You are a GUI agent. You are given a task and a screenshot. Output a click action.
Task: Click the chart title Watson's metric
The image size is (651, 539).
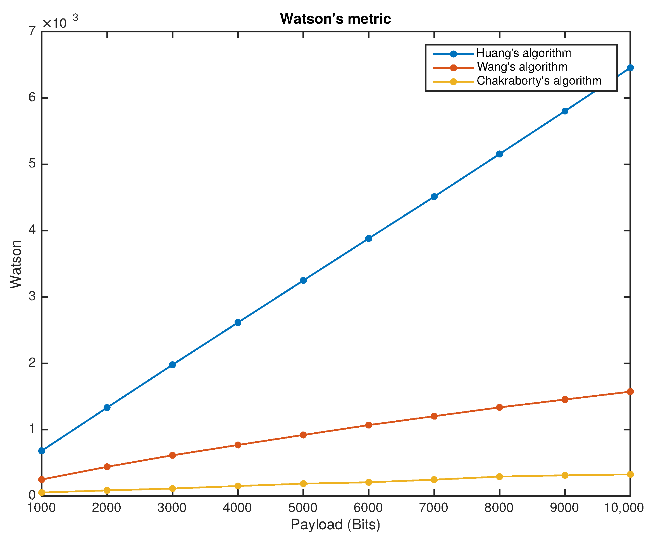pyautogui.click(x=335, y=19)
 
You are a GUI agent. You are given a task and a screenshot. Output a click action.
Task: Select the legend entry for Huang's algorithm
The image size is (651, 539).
pyautogui.click(x=524, y=53)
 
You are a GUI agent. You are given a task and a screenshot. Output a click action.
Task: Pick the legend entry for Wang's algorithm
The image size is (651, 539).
pyautogui.click(x=522, y=67)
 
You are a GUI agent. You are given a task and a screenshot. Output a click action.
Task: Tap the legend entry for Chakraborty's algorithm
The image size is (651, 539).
pyautogui.click(x=539, y=81)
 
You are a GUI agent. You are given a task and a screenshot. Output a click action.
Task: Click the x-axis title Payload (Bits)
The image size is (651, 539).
pyautogui.click(x=335, y=524)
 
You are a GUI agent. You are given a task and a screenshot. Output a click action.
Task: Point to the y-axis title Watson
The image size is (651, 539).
pyautogui.click(x=16, y=264)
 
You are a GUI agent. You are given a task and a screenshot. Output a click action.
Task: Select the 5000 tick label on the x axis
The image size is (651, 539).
pyautogui.click(x=303, y=508)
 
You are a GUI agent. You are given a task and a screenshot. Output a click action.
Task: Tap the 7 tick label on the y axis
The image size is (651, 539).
pyautogui.click(x=32, y=31)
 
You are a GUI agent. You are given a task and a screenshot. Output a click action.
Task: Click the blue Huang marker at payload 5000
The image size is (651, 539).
pyautogui.click(x=303, y=280)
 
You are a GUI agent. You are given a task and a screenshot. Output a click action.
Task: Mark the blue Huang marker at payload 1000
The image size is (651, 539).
pyautogui.click(x=42, y=451)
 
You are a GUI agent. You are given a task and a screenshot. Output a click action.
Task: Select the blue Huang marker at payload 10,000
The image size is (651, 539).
pyautogui.click(x=630, y=68)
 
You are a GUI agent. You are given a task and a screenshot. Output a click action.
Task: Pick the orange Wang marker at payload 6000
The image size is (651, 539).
pyautogui.click(x=369, y=425)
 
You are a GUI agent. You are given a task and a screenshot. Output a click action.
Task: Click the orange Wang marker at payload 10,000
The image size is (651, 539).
pyautogui.click(x=630, y=392)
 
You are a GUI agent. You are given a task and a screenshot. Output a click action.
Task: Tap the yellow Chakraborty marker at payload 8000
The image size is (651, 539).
pyautogui.click(x=499, y=476)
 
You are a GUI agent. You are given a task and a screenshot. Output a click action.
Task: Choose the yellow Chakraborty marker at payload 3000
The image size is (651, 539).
pyautogui.click(x=173, y=488)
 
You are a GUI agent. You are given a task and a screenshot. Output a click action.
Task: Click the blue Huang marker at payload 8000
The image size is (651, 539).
pyautogui.click(x=499, y=154)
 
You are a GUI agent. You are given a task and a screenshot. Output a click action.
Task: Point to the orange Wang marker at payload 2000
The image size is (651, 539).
pyautogui.click(x=107, y=467)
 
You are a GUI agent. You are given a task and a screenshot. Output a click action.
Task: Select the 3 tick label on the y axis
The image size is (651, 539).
pyautogui.click(x=32, y=296)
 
